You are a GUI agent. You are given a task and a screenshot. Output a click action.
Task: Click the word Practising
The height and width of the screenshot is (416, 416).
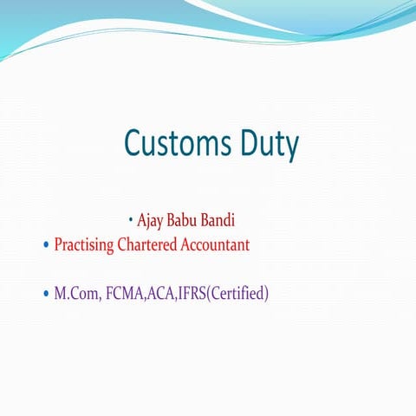[84, 244]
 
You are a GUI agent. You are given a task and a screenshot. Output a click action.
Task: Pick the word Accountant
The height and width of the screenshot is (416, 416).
[215, 244]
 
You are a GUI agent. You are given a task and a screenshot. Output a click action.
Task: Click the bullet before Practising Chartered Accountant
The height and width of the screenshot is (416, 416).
[46, 245]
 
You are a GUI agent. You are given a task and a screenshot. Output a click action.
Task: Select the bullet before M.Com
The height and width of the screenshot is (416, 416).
[46, 295]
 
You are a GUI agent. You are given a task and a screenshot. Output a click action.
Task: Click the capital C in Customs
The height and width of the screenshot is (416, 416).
[133, 142]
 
